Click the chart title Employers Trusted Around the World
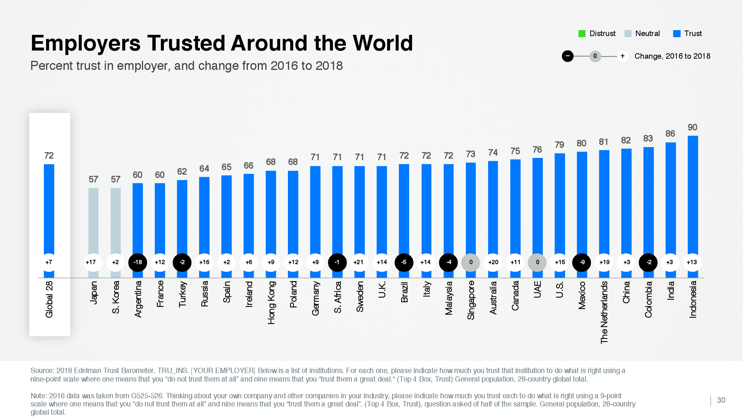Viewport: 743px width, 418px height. (222, 43)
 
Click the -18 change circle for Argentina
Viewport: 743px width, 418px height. (137, 262)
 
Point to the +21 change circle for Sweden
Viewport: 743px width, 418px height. (358, 262)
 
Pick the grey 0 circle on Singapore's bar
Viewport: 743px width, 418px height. (471, 262)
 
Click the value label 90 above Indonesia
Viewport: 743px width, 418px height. (692, 127)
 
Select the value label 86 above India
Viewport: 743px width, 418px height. (670, 134)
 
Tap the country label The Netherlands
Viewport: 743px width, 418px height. (604, 312)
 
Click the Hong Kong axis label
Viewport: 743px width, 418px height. (272, 302)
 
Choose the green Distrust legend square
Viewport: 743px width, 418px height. (582, 34)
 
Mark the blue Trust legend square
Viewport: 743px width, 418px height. (677, 34)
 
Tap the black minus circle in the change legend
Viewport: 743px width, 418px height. (567, 56)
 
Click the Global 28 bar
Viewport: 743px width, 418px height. (49, 208)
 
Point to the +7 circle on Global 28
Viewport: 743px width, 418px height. (49, 262)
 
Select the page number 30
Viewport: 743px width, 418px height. (721, 400)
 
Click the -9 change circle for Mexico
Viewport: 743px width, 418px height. (582, 262)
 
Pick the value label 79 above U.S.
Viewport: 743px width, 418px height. (559, 145)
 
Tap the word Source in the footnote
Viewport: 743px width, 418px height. (42, 371)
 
